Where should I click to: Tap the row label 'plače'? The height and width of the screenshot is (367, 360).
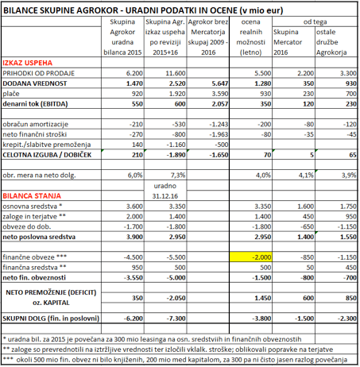14,92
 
